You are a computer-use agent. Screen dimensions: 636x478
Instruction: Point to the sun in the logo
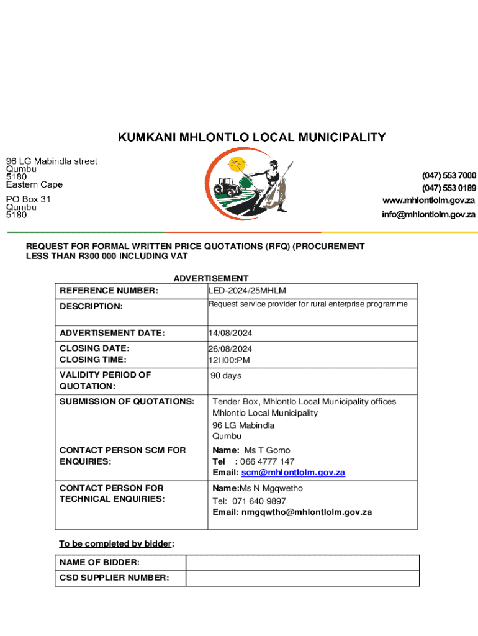[x=237, y=165]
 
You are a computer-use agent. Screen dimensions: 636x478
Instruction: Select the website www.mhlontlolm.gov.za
[x=428, y=201]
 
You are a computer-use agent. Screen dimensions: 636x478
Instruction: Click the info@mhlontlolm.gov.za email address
[x=428, y=215]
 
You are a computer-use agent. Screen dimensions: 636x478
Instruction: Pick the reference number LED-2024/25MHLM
[x=247, y=291]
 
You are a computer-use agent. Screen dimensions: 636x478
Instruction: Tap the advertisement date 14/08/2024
[x=230, y=334]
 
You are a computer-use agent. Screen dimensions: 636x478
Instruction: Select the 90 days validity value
[x=226, y=376]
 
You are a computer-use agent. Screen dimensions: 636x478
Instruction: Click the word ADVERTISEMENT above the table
[x=211, y=279]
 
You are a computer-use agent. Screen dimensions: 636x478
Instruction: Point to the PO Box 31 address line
[x=29, y=199]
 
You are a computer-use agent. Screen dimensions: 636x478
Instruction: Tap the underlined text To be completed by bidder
[x=115, y=544]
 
